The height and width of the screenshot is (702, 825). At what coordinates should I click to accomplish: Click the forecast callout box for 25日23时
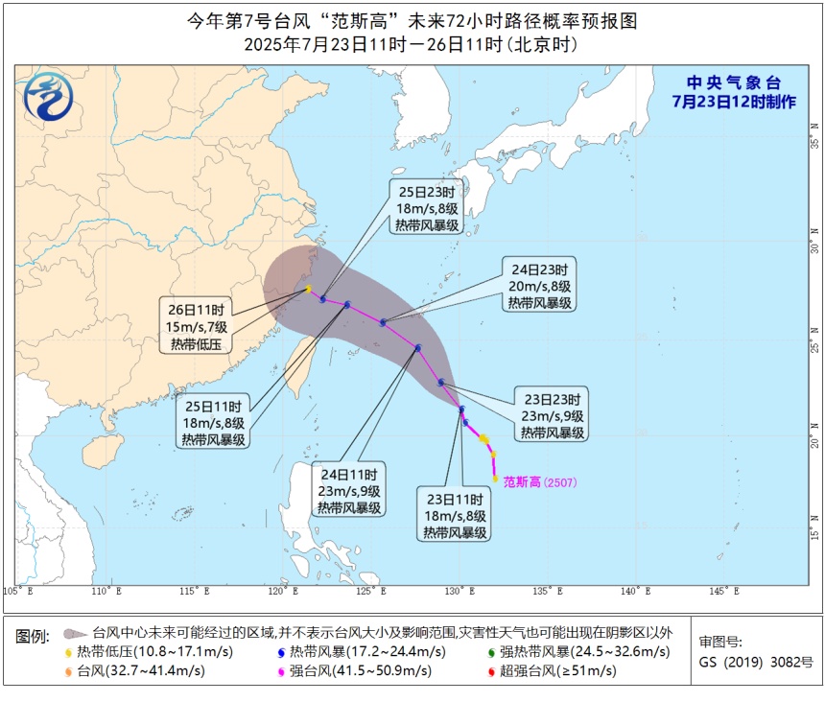(x=425, y=206)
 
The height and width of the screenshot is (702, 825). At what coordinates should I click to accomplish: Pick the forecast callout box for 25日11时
(x=214, y=421)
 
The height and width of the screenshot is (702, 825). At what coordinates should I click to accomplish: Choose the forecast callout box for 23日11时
(x=454, y=514)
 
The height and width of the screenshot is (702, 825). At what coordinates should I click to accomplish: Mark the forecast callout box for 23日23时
(x=553, y=415)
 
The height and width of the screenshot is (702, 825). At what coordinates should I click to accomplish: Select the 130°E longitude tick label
(x=460, y=591)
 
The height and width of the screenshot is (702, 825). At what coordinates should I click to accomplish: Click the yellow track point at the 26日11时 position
(x=308, y=289)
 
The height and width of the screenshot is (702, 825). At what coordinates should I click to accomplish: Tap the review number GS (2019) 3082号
(x=755, y=662)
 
